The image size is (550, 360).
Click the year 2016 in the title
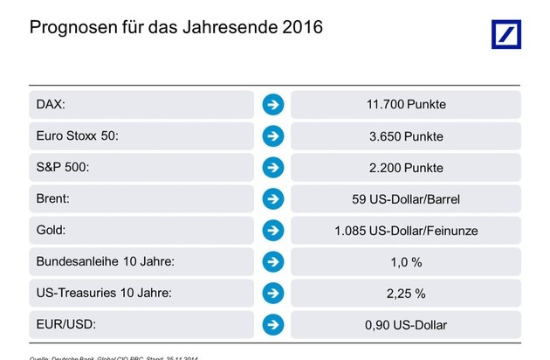click(x=300, y=27)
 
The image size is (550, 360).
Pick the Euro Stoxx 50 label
click(x=77, y=136)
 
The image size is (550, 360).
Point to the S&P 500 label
click(x=64, y=168)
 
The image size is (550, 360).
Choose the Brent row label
click(x=53, y=199)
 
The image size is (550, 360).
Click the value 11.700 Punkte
click(x=405, y=105)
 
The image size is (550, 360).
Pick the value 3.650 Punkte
click(x=405, y=136)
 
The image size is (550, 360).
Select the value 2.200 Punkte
click(x=405, y=168)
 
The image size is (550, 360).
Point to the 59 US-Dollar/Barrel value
click(x=405, y=199)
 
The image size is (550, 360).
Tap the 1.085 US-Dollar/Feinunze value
click(x=405, y=231)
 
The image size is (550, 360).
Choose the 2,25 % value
click(x=405, y=294)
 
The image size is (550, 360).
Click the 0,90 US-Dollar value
click(x=405, y=325)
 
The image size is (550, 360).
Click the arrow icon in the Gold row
click(x=273, y=231)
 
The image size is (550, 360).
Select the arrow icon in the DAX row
click(x=273, y=105)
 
